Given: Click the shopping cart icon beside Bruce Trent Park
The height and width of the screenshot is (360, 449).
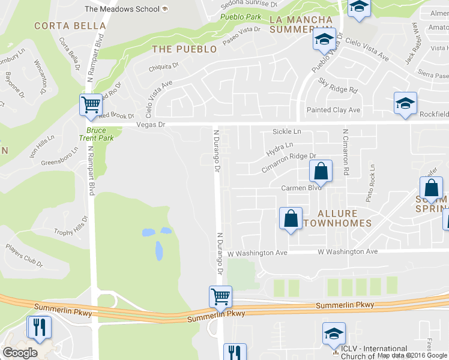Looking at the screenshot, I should [x=91, y=104].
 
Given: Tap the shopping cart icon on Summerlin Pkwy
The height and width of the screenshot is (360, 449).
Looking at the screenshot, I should [x=220, y=296].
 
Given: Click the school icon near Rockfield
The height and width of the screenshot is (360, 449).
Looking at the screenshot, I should [x=405, y=103].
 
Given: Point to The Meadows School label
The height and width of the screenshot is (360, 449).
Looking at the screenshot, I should [x=122, y=9].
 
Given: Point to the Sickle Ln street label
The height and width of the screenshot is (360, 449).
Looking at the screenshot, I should [x=286, y=131].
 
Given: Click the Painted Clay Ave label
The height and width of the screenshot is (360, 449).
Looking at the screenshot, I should [x=333, y=110].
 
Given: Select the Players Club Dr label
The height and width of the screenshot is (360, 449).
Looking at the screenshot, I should [x=25, y=254].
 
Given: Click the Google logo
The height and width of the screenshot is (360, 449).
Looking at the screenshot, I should [x=20, y=352].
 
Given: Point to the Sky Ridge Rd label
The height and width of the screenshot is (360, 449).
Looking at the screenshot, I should [x=338, y=86].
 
